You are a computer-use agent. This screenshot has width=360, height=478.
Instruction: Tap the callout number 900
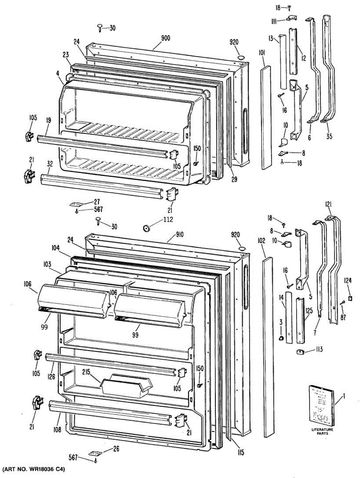[166, 38]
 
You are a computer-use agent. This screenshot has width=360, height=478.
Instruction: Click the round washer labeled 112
[146, 228]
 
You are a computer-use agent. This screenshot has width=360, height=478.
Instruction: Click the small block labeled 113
[300, 352]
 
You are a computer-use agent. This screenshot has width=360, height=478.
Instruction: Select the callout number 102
[262, 241]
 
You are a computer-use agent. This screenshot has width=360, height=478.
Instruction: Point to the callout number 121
[328, 204]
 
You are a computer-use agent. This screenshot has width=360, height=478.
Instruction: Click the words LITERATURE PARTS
[323, 432]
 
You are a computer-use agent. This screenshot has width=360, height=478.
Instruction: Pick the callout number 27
[96, 202]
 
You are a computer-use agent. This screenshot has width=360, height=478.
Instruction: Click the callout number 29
[234, 179]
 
